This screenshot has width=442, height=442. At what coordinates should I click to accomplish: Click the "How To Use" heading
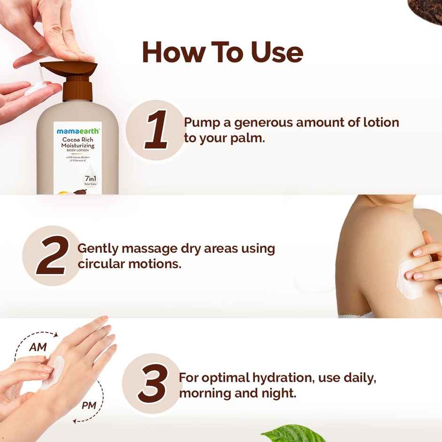[222, 52]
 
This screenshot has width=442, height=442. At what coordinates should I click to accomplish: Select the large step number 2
[50, 256]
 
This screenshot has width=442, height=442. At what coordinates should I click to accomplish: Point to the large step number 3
[153, 384]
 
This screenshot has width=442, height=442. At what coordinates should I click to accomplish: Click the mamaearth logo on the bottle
[78, 131]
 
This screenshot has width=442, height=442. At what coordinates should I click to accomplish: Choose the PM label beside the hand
[89, 404]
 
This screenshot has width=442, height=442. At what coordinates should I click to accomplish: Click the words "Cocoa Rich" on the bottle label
[78, 140]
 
